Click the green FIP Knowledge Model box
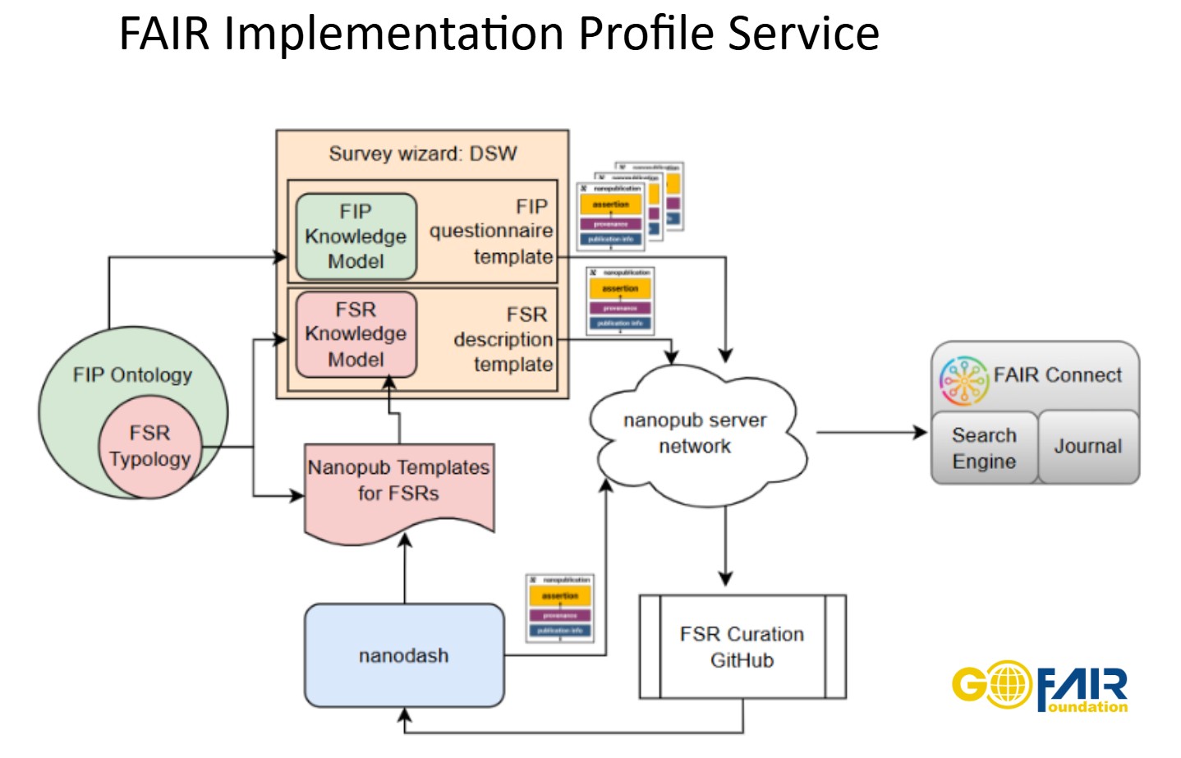[x=356, y=237]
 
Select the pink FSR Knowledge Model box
[x=356, y=334]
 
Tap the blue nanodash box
[x=403, y=655]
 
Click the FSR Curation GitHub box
[x=742, y=647]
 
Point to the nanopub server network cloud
[x=696, y=433]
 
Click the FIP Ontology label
[x=132, y=375]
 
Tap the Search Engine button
[x=984, y=448]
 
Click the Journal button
[x=1087, y=446]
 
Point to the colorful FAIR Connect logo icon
[x=963, y=380]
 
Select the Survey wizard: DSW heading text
[x=422, y=154]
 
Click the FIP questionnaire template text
[x=492, y=232]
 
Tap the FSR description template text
[x=503, y=339]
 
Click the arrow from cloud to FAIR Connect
[x=871, y=432]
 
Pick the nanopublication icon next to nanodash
[x=560, y=608]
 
